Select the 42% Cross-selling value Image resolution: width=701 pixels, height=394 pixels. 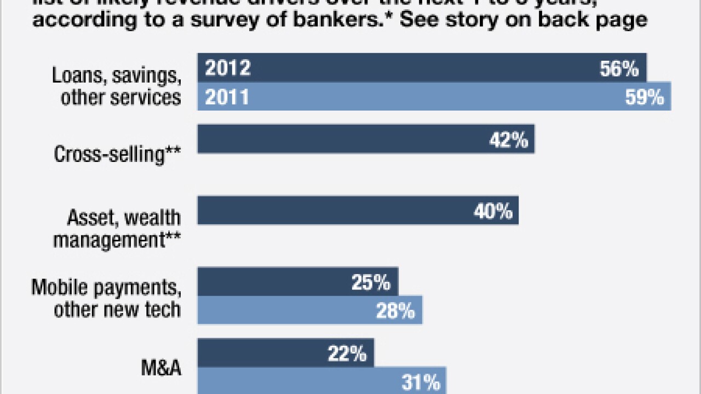coord(508,140)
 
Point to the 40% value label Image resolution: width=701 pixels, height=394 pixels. coord(492,211)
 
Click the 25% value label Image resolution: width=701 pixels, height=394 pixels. coord(371,283)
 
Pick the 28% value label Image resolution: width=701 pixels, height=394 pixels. coord(395,311)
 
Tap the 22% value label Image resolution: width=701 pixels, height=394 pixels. coord(347,354)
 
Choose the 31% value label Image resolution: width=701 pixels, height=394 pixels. coord(420,383)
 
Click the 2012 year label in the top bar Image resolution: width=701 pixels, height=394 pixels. coord(228,68)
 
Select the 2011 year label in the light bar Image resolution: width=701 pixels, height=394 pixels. coord(227,97)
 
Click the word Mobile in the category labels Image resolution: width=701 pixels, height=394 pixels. coord(59,287)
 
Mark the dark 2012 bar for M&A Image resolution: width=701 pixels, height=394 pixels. coord(285,352)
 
